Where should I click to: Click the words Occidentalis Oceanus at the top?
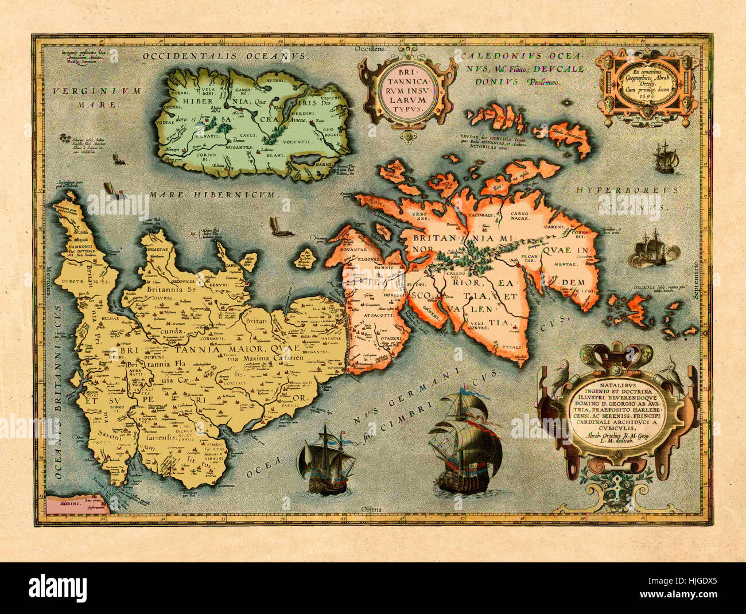226,56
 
